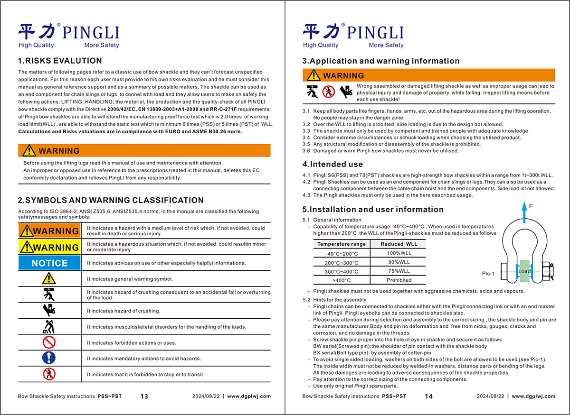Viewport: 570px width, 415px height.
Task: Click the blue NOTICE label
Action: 49,263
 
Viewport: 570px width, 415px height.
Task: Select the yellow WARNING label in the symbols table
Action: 49,247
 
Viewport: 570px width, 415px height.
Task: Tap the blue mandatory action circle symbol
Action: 49,358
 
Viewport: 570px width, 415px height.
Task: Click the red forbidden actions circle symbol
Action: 49,342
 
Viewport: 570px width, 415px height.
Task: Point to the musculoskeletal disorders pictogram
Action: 49,326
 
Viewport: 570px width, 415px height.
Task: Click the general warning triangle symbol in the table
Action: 49,278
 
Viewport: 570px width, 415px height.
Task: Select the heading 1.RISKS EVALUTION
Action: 60,61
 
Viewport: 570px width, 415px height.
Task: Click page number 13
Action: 144,397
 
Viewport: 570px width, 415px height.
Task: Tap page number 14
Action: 428,397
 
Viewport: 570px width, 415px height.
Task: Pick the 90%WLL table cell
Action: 399,262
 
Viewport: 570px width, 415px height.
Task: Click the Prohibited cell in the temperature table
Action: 399,280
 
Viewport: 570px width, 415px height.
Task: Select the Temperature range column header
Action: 342,244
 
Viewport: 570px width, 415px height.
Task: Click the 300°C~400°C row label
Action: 342,271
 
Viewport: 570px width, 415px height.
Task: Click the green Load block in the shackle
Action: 524,271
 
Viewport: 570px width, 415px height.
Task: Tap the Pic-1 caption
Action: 488,274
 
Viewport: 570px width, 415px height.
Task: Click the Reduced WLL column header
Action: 399,244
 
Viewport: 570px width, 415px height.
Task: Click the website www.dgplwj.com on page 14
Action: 533,397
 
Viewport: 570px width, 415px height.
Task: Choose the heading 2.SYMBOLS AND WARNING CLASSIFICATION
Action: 111,200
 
